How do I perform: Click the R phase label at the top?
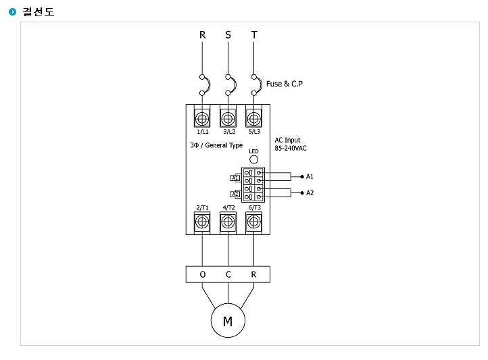(x=202, y=35)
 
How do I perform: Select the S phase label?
(x=228, y=35)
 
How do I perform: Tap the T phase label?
(x=254, y=35)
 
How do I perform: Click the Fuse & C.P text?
(x=284, y=84)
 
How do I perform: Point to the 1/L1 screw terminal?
(x=202, y=118)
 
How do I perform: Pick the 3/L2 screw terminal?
(x=228, y=118)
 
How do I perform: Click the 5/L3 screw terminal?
(x=253, y=118)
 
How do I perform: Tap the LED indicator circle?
(x=253, y=159)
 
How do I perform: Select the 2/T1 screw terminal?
(x=202, y=222)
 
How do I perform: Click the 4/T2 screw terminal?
(x=228, y=222)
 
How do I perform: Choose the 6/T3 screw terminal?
(x=253, y=222)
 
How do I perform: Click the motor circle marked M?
(x=228, y=321)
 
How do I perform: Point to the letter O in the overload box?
(x=203, y=274)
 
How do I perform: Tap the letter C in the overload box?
(x=228, y=274)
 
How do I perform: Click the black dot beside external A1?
(x=302, y=176)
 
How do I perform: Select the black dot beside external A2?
(x=302, y=192)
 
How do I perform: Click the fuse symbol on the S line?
(x=231, y=85)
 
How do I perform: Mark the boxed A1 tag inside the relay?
(x=235, y=178)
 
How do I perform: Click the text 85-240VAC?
(x=291, y=149)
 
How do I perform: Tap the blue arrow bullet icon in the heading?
(x=12, y=11)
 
